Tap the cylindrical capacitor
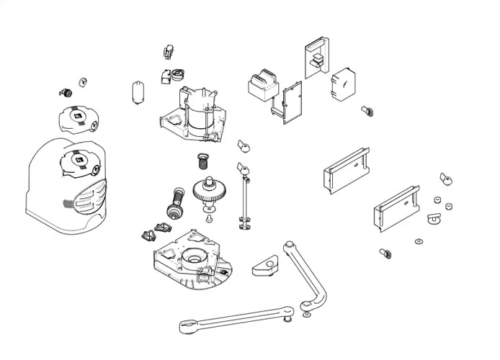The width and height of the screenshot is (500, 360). click(135, 93)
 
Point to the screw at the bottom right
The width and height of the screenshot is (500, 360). click(385, 253)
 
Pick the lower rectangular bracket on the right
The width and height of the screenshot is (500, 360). click(396, 208)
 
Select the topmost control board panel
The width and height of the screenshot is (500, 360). click(316, 58)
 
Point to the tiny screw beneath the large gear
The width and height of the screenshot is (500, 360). click(209, 217)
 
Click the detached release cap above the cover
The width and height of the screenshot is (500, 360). click(79, 117)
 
